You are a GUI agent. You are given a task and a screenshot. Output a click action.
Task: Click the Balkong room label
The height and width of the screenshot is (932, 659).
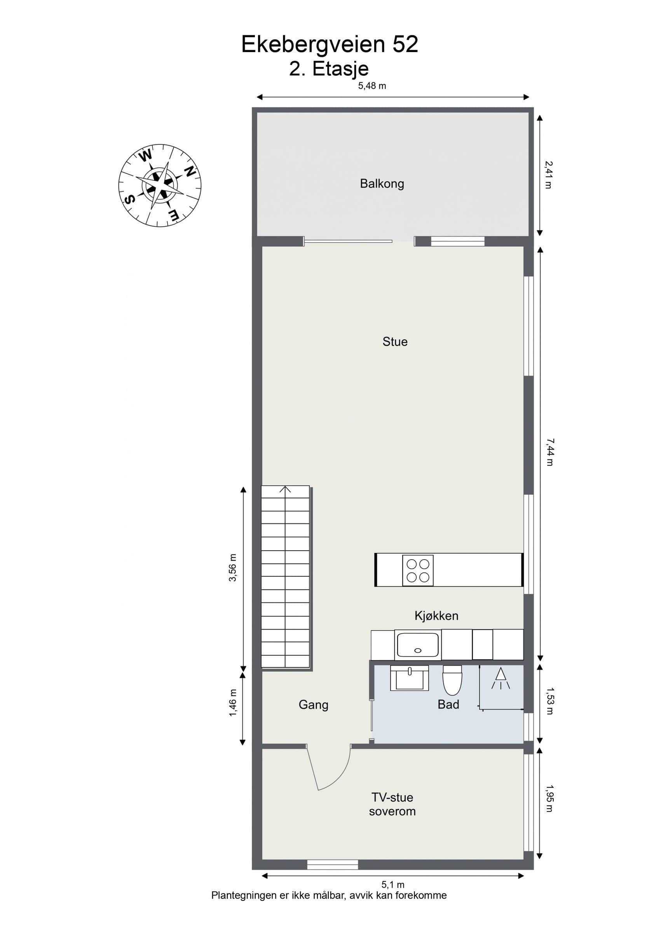[382, 184]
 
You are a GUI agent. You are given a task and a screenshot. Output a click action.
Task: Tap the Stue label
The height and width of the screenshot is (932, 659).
[395, 342]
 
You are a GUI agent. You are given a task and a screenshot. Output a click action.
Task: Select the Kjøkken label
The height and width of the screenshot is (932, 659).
[436, 616]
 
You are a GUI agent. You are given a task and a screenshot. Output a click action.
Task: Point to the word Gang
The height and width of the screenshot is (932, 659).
[314, 705]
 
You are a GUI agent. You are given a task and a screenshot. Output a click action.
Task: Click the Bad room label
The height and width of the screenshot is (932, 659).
[448, 704]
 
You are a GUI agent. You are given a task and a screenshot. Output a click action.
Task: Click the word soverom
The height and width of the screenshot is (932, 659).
[392, 812]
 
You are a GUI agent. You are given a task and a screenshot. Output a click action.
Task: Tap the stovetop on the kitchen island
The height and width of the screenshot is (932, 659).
[418, 570]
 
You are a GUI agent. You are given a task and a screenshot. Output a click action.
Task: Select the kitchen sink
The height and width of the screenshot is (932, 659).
[418, 645]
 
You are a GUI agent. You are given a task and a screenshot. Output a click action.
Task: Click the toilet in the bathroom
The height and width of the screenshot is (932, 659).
[452, 680]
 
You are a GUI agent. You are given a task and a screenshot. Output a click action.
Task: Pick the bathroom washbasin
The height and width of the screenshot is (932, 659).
[409, 678]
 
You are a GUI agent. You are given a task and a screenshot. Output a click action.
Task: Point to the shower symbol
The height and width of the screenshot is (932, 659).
[500, 678]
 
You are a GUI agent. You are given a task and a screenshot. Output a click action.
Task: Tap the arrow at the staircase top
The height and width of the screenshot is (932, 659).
[285, 490]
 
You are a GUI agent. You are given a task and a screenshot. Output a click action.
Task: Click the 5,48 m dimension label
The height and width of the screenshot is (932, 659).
[372, 86]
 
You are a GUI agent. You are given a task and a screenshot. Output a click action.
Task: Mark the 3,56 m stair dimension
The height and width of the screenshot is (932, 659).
[232, 567]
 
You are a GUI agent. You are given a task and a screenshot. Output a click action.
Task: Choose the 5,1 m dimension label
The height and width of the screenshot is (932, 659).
[392, 893]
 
